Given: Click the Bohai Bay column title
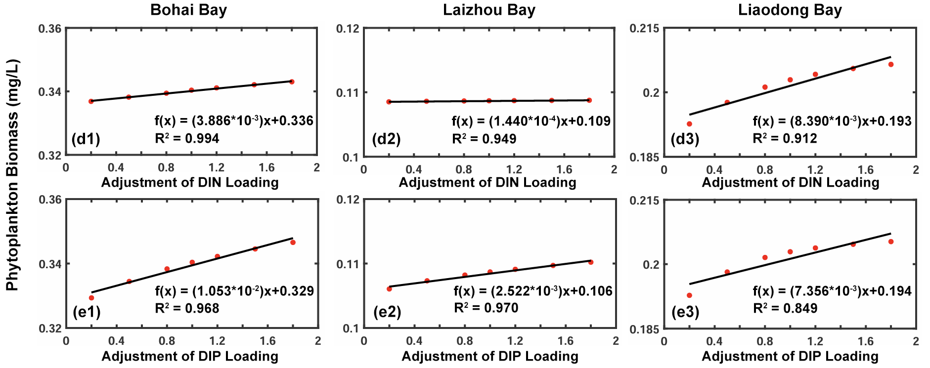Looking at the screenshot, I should coord(188,10).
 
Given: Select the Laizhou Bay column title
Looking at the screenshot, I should coord(488,10).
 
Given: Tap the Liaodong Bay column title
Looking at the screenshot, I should coord(790,10).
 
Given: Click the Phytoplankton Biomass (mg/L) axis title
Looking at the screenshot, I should coord(12,175).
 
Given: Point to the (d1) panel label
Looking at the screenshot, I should coord(86,139).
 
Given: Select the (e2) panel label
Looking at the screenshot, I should coord(387,312).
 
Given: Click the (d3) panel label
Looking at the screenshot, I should coord(685,139).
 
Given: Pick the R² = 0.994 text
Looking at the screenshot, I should coord(187,138).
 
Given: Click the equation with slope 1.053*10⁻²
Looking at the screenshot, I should coord(234,291).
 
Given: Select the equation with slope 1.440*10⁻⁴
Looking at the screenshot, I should coord(531,121).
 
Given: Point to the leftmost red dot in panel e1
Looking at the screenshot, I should coord(91,298).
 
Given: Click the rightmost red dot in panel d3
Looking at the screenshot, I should coord(891,64).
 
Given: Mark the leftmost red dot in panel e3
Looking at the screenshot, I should coord(689,295).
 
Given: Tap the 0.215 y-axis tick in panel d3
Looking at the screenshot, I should coord(644,29).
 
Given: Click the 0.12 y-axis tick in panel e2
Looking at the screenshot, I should coord(348,200).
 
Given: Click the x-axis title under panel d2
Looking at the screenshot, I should coord(487,183).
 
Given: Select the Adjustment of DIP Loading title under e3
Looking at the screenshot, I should coord(790,356).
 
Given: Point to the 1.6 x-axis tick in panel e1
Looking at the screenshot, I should coord(267,341).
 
